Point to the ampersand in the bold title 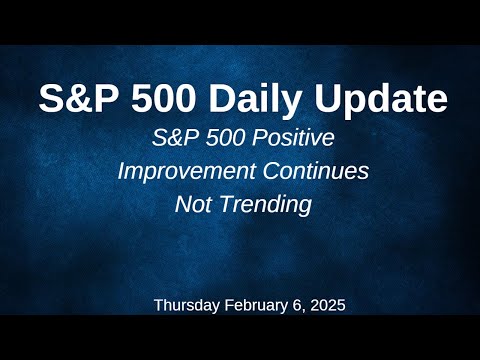pos(71,99)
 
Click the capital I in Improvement pos(122,171)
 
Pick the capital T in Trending pos(222,204)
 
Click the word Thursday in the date pos(187,306)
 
